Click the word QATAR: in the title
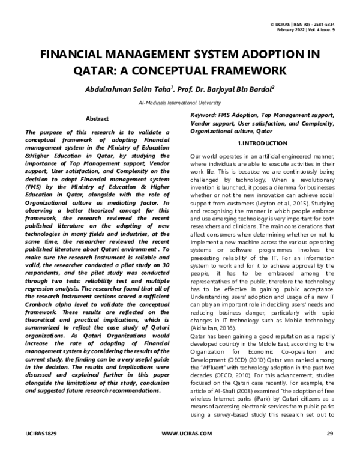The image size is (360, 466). coord(96,71)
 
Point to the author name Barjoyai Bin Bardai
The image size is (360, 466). coord(235,89)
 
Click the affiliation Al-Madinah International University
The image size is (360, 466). coord(179,103)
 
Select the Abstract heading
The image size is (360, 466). coord(97,119)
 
